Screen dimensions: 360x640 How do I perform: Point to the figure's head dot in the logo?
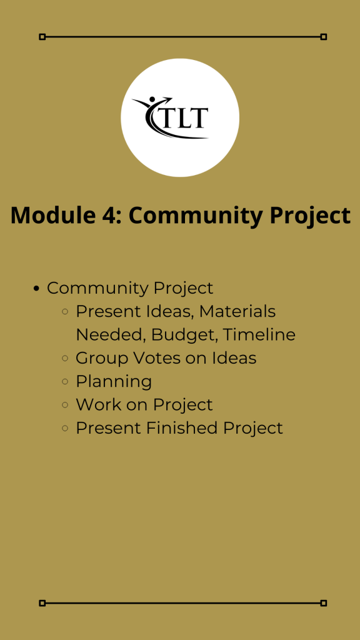click(x=152, y=99)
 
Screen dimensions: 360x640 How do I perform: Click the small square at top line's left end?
click(x=42, y=37)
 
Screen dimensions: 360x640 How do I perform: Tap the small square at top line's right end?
click(x=324, y=37)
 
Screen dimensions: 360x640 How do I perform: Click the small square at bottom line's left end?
click(x=42, y=603)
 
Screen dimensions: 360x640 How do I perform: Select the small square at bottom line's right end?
click(x=324, y=603)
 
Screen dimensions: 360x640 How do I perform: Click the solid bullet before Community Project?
click(x=36, y=289)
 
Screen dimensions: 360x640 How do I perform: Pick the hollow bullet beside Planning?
click(x=65, y=382)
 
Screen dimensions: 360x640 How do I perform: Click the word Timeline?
click(x=259, y=335)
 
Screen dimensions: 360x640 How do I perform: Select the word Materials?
click(x=237, y=311)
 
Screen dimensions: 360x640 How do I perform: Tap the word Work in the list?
click(x=98, y=405)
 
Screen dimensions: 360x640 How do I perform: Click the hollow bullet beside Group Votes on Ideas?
click(x=65, y=358)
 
